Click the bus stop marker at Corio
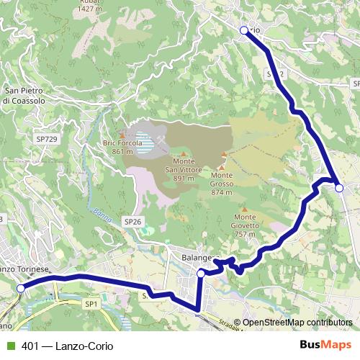[x=243, y=30]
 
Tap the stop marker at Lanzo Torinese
[x=21, y=288]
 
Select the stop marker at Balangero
[x=201, y=273]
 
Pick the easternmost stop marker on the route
[x=339, y=187]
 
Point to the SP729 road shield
[x=45, y=138]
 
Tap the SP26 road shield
[x=132, y=221]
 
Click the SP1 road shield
[x=91, y=305]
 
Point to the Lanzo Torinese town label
[x=25, y=269]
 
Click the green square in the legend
[x=9, y=346]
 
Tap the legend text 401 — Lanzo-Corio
[x=63, y=346]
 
